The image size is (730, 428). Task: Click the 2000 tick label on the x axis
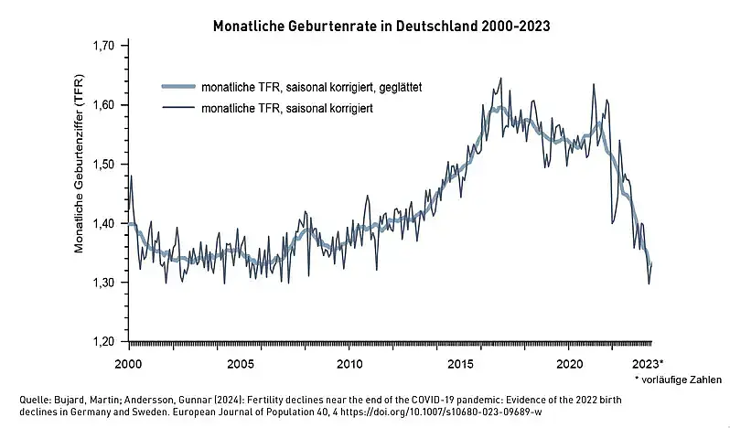129,362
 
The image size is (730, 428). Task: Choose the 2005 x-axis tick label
240,362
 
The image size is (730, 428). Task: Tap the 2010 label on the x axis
349,362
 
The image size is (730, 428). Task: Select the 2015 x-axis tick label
459,362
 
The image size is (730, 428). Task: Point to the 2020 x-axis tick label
569,362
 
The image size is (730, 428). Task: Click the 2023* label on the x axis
649,362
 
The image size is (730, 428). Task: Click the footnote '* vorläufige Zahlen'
677,379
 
